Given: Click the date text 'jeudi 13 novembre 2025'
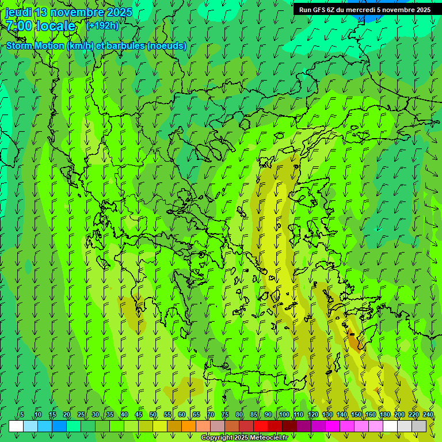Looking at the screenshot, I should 68,12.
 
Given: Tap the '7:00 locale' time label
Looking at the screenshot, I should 40,26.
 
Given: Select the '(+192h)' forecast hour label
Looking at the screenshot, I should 102,25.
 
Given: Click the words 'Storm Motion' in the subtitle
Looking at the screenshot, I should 35,46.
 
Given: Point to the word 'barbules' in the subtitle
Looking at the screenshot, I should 125,46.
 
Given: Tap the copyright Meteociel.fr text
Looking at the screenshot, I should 244,438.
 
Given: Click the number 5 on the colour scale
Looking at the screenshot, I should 22,414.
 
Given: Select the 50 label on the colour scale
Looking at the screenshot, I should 153,414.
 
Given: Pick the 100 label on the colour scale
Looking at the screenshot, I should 284,414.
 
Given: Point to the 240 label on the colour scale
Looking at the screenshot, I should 428,414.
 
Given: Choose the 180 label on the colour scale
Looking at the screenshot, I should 384,414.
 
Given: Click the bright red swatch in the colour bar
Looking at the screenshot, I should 261,426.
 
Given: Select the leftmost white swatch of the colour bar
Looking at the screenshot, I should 16,426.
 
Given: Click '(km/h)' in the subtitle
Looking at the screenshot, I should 79,46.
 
